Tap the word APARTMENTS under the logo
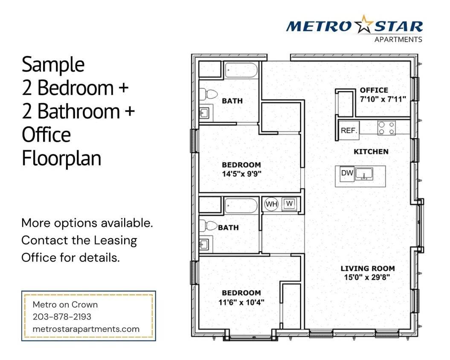(x=398, y=40)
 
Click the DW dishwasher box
(x=346, y=173)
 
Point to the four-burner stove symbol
(x=386, y=128)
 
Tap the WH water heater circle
(x=272, y=204)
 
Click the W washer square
(x=290, y=203)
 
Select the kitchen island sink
(x=364, y=174)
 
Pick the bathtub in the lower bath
(x=241, y=205)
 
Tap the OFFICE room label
(x=374, y=90)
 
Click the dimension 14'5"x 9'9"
(x=241, y=174)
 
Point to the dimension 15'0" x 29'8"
(x=368, y=277)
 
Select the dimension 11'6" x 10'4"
(x=241, y=302)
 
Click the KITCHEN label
(x=371, y=151)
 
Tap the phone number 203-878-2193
(x=62, y=317)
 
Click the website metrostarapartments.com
(x=86, y=329)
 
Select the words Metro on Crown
(x=65, y=305)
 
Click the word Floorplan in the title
(x=61, y=158)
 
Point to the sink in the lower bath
(x=204, y=244)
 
